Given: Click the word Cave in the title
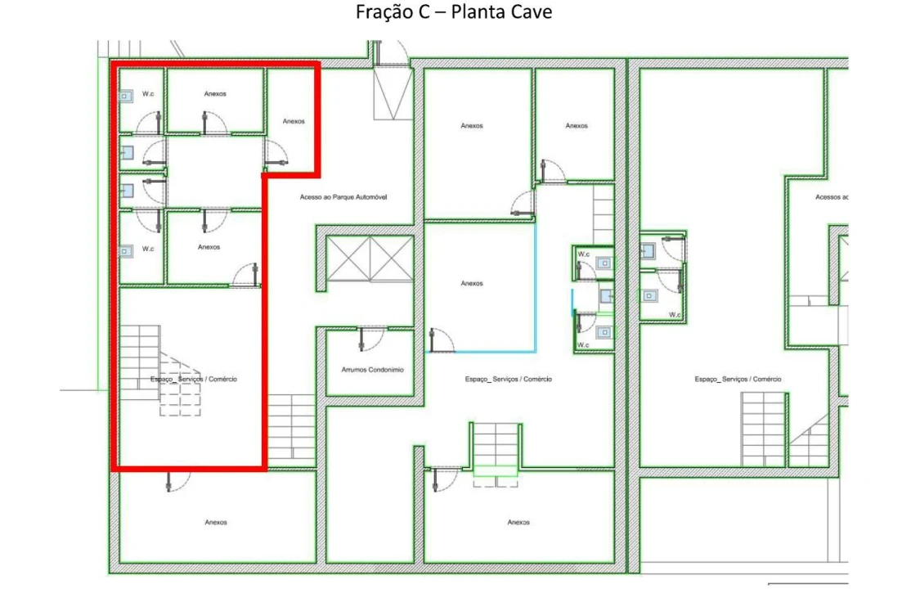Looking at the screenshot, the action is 531,11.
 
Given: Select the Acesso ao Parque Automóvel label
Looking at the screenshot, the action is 343,197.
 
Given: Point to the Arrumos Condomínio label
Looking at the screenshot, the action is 373,371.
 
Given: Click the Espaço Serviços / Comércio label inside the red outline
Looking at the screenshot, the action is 194,379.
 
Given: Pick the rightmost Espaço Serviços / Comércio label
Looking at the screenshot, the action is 738,379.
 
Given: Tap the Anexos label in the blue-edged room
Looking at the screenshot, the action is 472,283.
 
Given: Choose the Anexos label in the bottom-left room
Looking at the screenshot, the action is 216,522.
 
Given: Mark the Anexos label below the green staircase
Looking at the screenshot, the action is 518,522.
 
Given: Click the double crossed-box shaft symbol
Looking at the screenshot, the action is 370,259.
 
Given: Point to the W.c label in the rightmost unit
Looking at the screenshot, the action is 675,315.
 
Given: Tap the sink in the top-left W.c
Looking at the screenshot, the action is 126,96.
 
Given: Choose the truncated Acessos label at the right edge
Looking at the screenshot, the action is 832,197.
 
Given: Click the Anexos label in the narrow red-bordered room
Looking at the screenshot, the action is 294,121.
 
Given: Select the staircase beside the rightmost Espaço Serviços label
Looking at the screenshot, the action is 763,429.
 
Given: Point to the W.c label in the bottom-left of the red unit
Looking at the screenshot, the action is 148,249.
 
